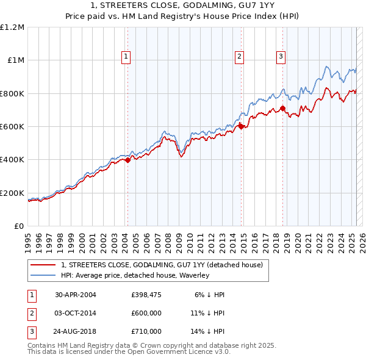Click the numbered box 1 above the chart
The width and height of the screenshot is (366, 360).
(126, 57)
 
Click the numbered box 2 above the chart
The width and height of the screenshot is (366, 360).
(239, 57)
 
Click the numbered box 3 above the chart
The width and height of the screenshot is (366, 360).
(281, 57)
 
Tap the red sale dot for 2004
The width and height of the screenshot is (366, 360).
(127, 160)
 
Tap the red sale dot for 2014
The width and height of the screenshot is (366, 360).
(241, 127)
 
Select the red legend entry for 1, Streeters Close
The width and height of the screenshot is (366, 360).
(162, 265)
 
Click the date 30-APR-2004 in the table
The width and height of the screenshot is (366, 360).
(76, 295)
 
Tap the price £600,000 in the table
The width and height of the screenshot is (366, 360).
(146, 313)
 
